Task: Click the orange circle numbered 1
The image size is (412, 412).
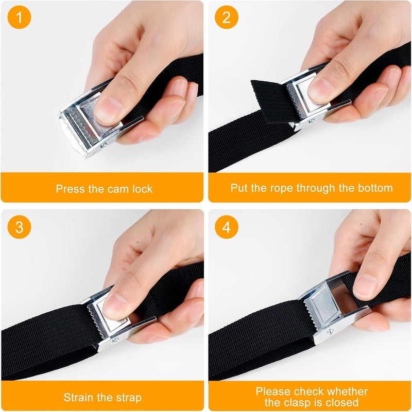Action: (x=19, y=17)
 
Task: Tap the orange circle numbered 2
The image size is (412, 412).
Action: (x=227, y=17)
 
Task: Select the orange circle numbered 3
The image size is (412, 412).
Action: (x=19, y=227)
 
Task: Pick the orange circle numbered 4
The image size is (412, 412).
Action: (x=227, y=227)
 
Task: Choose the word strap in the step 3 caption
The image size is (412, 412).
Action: (x=128, y=398)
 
